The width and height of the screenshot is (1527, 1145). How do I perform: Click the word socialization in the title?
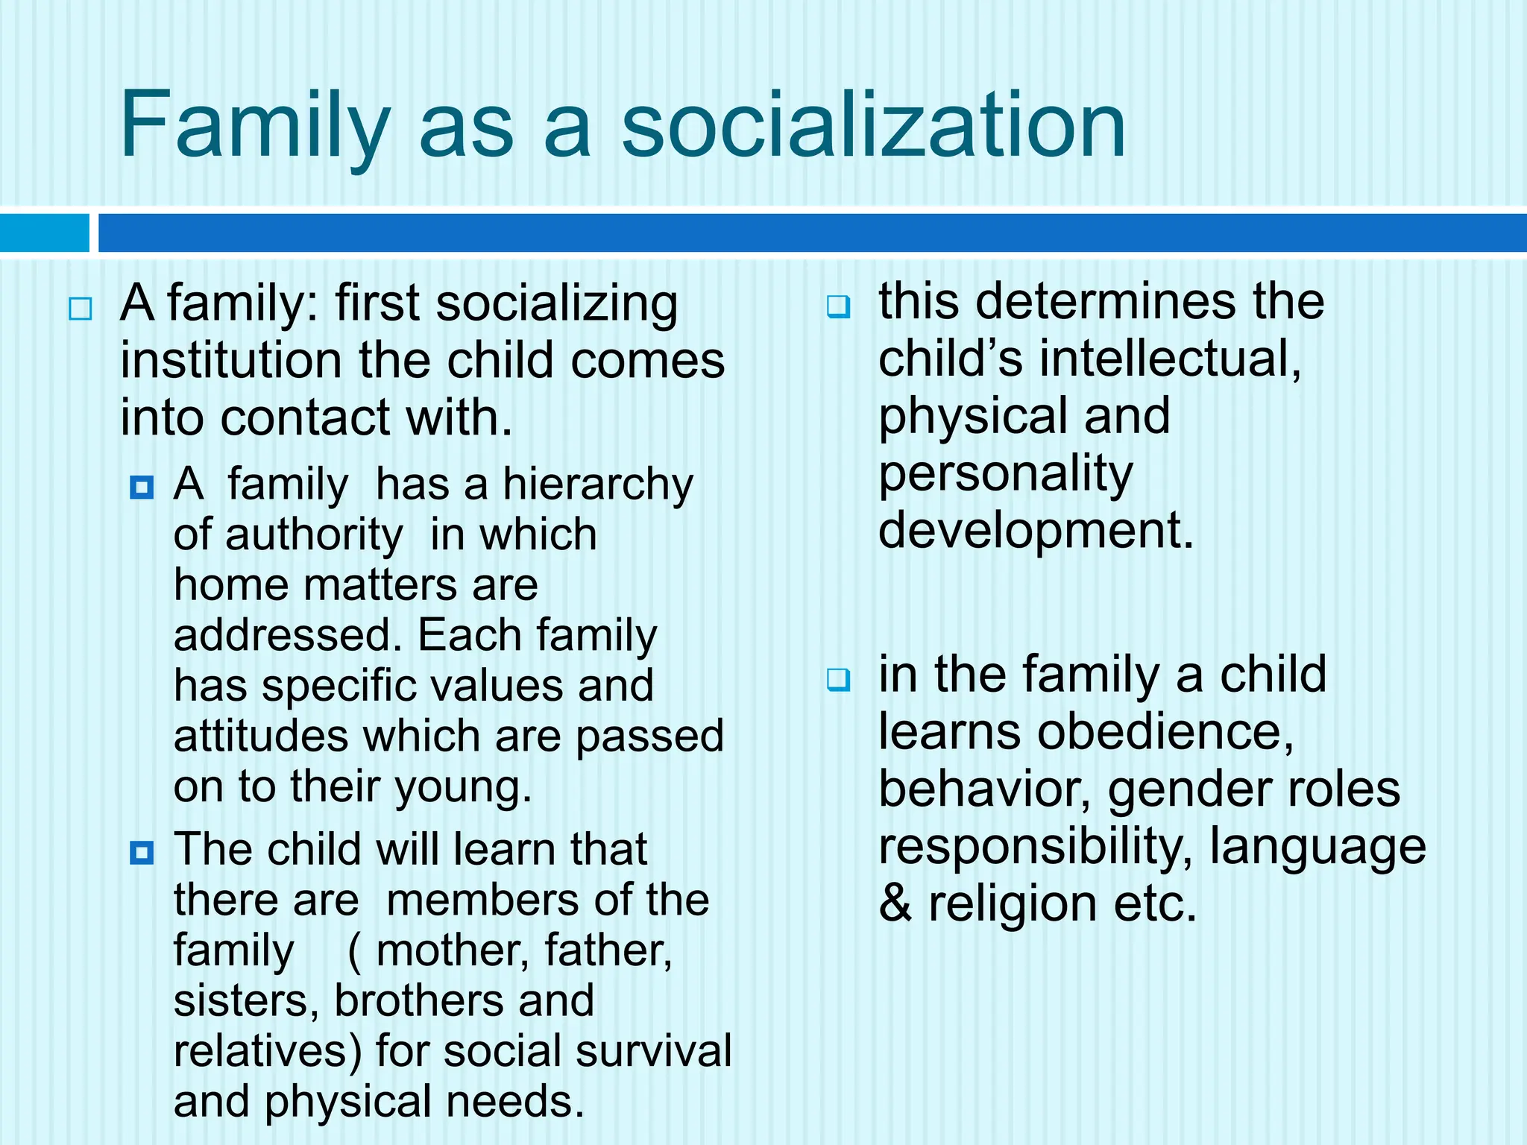click(873, 124)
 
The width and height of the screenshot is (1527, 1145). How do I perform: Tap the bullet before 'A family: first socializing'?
click(81, 309)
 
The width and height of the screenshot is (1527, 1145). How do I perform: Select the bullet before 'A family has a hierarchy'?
click(142, 488)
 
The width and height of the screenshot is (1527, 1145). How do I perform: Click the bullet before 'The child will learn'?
click(142, 852)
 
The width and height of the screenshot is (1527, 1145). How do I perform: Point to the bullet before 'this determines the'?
click(838, 306)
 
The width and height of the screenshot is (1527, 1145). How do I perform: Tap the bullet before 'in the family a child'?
click(838, 679)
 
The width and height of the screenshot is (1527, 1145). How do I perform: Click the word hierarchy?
click(598, 485)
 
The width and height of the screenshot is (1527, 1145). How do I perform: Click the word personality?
click(1005, 474)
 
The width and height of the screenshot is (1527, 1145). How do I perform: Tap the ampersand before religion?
click(895, 904)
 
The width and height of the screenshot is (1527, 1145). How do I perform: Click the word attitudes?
click(261, 736)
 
